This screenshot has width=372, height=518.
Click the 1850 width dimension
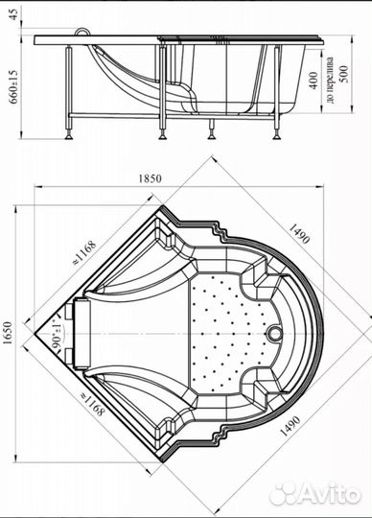(150, 178)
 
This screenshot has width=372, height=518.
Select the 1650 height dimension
(8, 333)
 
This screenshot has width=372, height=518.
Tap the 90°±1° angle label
(57, 334)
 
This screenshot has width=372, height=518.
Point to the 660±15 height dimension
(13, 85)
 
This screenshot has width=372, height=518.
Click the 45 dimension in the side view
(13, 14)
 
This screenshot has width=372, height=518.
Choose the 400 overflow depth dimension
(314, 81)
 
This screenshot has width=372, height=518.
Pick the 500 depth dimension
(343, 74)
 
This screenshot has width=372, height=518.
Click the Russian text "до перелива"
(329, 80)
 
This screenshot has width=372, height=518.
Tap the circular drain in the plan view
(274, 333)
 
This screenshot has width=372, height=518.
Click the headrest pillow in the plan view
(81, 333)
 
